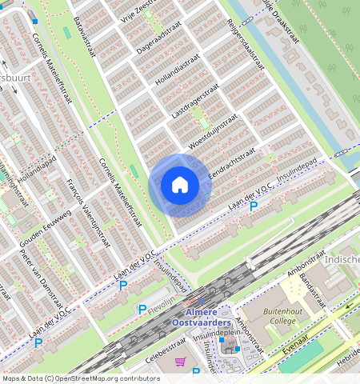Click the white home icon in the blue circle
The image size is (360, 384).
(180, 185)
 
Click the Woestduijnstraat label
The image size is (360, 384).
(214, 131)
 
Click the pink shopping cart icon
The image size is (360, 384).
(181, 362)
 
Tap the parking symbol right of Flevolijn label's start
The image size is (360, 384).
(142, 310)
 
